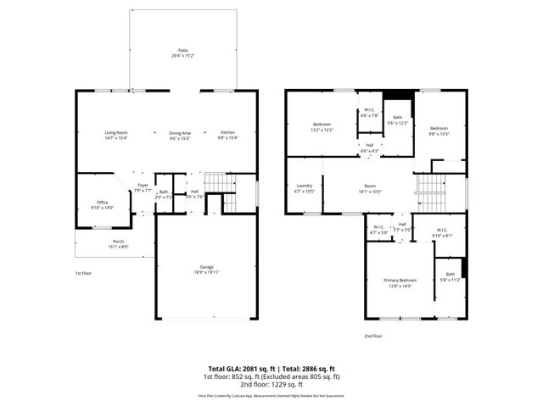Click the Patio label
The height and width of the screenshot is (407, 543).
(x=182, y=52)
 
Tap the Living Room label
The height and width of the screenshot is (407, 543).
(x=115, y=134)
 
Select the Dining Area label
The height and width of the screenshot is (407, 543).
(x=179, y=134)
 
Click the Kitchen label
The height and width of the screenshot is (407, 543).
(x=228, y=134)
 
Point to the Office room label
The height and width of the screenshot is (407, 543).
(x=102, y=203)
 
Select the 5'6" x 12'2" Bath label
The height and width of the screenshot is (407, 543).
(x=397, y=120)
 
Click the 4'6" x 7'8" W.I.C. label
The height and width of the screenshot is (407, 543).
(x=369, y=112)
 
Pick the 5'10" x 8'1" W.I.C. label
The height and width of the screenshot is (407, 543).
(x=442, y=231)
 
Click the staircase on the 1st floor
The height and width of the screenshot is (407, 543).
(x=220, y=183)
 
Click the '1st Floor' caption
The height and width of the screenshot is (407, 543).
(x=83, y=273)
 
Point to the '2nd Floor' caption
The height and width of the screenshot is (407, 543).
(x=373, y=336)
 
